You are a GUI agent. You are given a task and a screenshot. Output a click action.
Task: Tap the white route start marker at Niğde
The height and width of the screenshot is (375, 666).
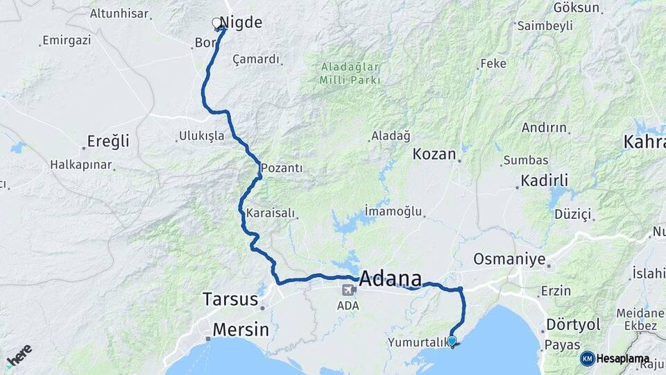pyautogui.click(x=216, y=23)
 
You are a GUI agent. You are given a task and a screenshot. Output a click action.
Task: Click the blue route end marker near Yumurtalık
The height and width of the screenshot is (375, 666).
pyautogui.click(x=452, y=340)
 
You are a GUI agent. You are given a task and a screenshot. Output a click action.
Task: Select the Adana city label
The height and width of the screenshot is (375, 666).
pyautogui.click(x=391, y=279)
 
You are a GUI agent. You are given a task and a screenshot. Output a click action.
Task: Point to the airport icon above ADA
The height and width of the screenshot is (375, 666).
pyautogui.click(x=348, y=291)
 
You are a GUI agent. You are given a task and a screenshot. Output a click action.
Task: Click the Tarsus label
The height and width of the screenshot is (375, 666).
pyautogui.click(x=230, y=299)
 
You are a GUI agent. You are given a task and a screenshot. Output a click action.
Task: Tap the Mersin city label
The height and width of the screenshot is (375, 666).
pyautogui.click(x=240, y=329)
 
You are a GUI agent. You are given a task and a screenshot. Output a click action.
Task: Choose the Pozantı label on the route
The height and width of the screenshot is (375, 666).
pyautogui.click(x=282, y=169)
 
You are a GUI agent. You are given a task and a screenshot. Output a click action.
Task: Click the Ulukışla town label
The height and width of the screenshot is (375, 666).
pyautogui.click(x=202, y=135)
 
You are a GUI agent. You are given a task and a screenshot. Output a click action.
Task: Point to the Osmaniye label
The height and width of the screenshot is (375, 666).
pyautogui.click(x=509, y=259)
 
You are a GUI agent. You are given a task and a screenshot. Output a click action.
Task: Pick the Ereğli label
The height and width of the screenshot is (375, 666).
pyautogui.click(x=108, y=142)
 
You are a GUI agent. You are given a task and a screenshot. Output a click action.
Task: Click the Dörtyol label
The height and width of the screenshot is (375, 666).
pyautogui.click(x=572, y=324)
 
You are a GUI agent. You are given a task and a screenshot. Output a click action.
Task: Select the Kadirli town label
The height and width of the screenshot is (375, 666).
pyautogui.click(x=545, y=181)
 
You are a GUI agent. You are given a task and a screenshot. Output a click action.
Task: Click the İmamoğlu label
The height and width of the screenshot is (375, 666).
pyautogui.click(x=394, y=210)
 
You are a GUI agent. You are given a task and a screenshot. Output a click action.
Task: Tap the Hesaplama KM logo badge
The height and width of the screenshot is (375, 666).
pyautogui.click(x=615, y=358)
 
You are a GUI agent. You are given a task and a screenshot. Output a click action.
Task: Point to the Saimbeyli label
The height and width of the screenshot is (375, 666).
pyautogui.click(x=547, y=26)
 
